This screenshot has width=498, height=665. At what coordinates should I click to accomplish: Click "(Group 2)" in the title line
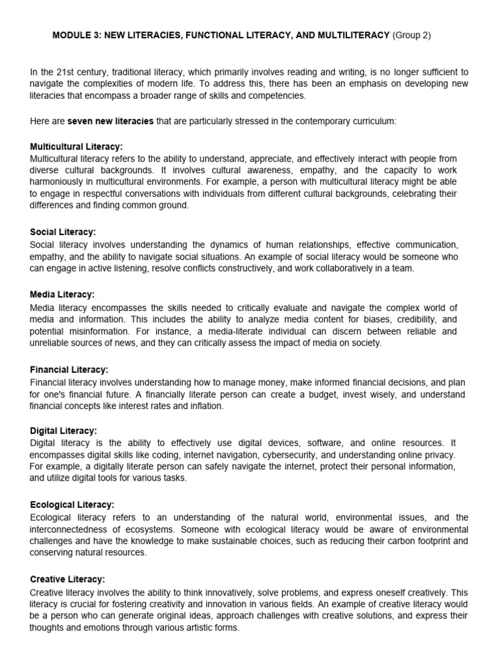(412, 36)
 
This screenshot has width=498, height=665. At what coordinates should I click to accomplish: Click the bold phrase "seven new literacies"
(111, 121)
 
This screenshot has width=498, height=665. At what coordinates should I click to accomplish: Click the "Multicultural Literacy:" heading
(77, 147)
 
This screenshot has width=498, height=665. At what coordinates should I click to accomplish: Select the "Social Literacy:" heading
(63, 232)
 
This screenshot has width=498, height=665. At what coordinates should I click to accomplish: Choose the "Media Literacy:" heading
(62, 295)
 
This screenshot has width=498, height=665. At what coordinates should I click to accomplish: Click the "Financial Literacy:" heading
(69, 370)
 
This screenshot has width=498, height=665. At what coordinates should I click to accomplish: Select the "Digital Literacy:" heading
(64, 431)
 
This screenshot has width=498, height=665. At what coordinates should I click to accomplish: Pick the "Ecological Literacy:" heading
(73, 504)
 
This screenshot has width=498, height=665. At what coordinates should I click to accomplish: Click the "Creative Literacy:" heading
(67, 579)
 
